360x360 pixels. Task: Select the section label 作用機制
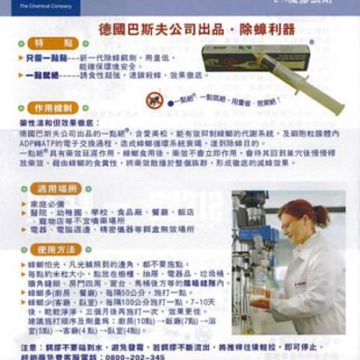pyautogui.click(x=54, y=107)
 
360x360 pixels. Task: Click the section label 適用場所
pyautogui.click(x=55, y=189)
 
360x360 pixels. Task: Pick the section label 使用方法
pyautogui.click(x=55, y=249)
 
